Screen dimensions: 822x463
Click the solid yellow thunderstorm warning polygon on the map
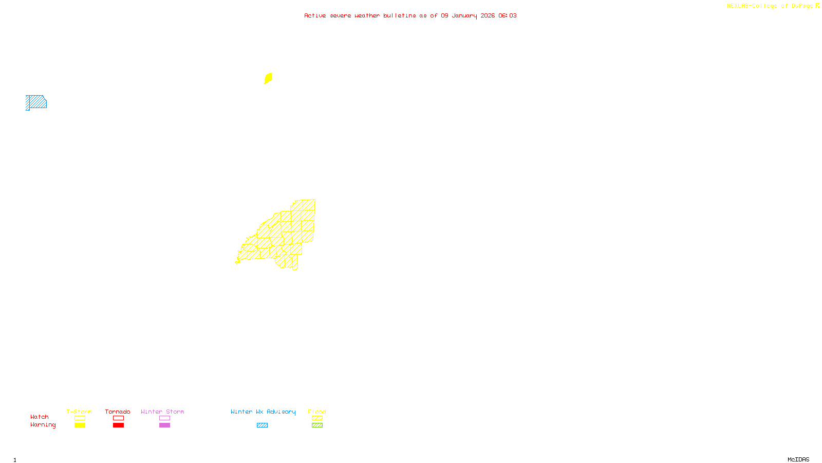pyautogui.click(x=268, y=78)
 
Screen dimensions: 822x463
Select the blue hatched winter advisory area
pyautogui.click(x=36, y=102)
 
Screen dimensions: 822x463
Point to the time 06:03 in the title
pyautogui.click(x=507, y=15)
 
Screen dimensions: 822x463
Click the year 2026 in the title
pyautogui.click(x=488, y=15)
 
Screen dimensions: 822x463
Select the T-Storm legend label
pyautogui.click(x=79, y=412)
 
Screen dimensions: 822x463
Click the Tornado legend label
pyautogui.click(x=118, y=412)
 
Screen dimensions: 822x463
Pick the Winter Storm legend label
pyautogui.click(x=162, y=412)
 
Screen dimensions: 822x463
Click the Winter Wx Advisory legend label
pyautogui.click(x=263, y=412)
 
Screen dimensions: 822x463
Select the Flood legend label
pyautogui.click(x=317, y=412)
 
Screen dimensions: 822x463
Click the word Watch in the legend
pyautogui.click(x=40, y=417)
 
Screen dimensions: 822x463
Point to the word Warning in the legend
pyautogui.click(x=43, y=425)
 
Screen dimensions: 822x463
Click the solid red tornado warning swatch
pyautogui.click(x=119, y=425)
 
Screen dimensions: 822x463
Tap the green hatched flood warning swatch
pyautogui.click(x=317, y=425)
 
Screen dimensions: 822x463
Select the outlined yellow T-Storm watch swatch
pyautogui.click(x=80, y=418)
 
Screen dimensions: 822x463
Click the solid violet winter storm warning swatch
pyautogui.click(x=164, y=425)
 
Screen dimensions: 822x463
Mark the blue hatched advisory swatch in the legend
pyautogui.click(x=262, y=425)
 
